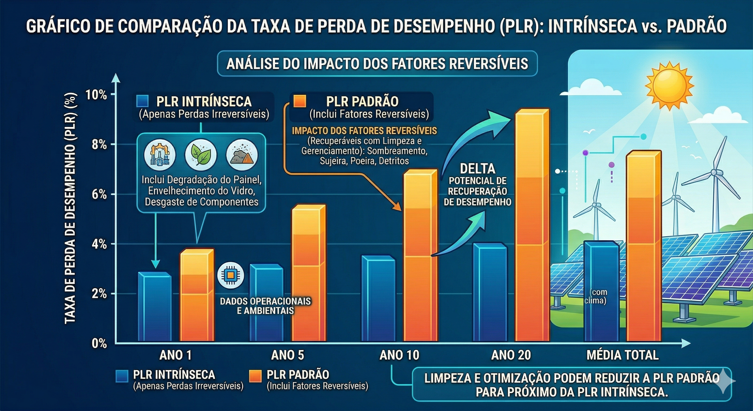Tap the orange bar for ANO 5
308,275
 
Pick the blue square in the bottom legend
122,376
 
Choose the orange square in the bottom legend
255,376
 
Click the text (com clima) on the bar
598,296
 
